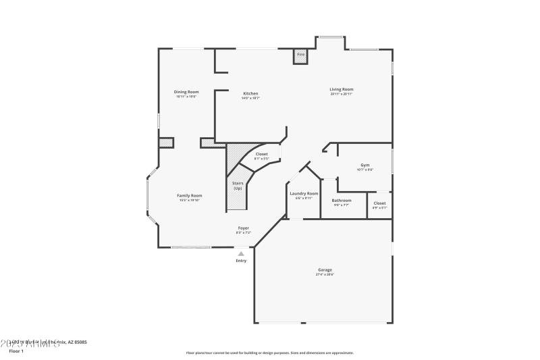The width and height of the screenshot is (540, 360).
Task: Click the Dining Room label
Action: [x=186, y=92]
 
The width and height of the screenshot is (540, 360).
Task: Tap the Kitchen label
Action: [x=250, y=93]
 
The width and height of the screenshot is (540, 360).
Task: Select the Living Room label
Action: [x=342, y=89]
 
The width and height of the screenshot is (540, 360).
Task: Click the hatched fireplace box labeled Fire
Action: [x=300, y=57]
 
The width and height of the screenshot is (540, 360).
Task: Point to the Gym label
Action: [x=365, y=165]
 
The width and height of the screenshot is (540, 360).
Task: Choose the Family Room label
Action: [x=190, y=195]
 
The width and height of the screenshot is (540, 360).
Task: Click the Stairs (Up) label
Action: [x=238, y=185]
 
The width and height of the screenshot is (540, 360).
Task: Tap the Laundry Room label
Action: [x=304, y=194]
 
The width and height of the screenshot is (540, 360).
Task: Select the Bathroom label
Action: [x=342, y=200]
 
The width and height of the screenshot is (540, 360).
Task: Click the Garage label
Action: [x=325, y=269]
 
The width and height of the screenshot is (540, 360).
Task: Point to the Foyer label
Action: [x=244, y=228]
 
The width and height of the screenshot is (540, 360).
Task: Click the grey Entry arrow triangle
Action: [x=241, y=253]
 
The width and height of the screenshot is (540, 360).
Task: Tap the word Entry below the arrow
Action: [x=241, y=261]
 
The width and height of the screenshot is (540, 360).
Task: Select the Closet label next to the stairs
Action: [x=261, y=154]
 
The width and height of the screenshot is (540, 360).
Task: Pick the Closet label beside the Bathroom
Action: [x=379, y=203]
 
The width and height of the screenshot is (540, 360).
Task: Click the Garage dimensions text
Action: [x=325, y=274]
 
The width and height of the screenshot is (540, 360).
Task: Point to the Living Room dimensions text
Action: [x=342, y=94]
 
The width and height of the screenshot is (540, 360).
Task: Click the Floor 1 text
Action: [x=16, y=351]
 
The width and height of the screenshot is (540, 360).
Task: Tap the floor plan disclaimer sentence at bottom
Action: [x=270, y=353]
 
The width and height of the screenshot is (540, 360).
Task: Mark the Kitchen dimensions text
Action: [x=250, y=98]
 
